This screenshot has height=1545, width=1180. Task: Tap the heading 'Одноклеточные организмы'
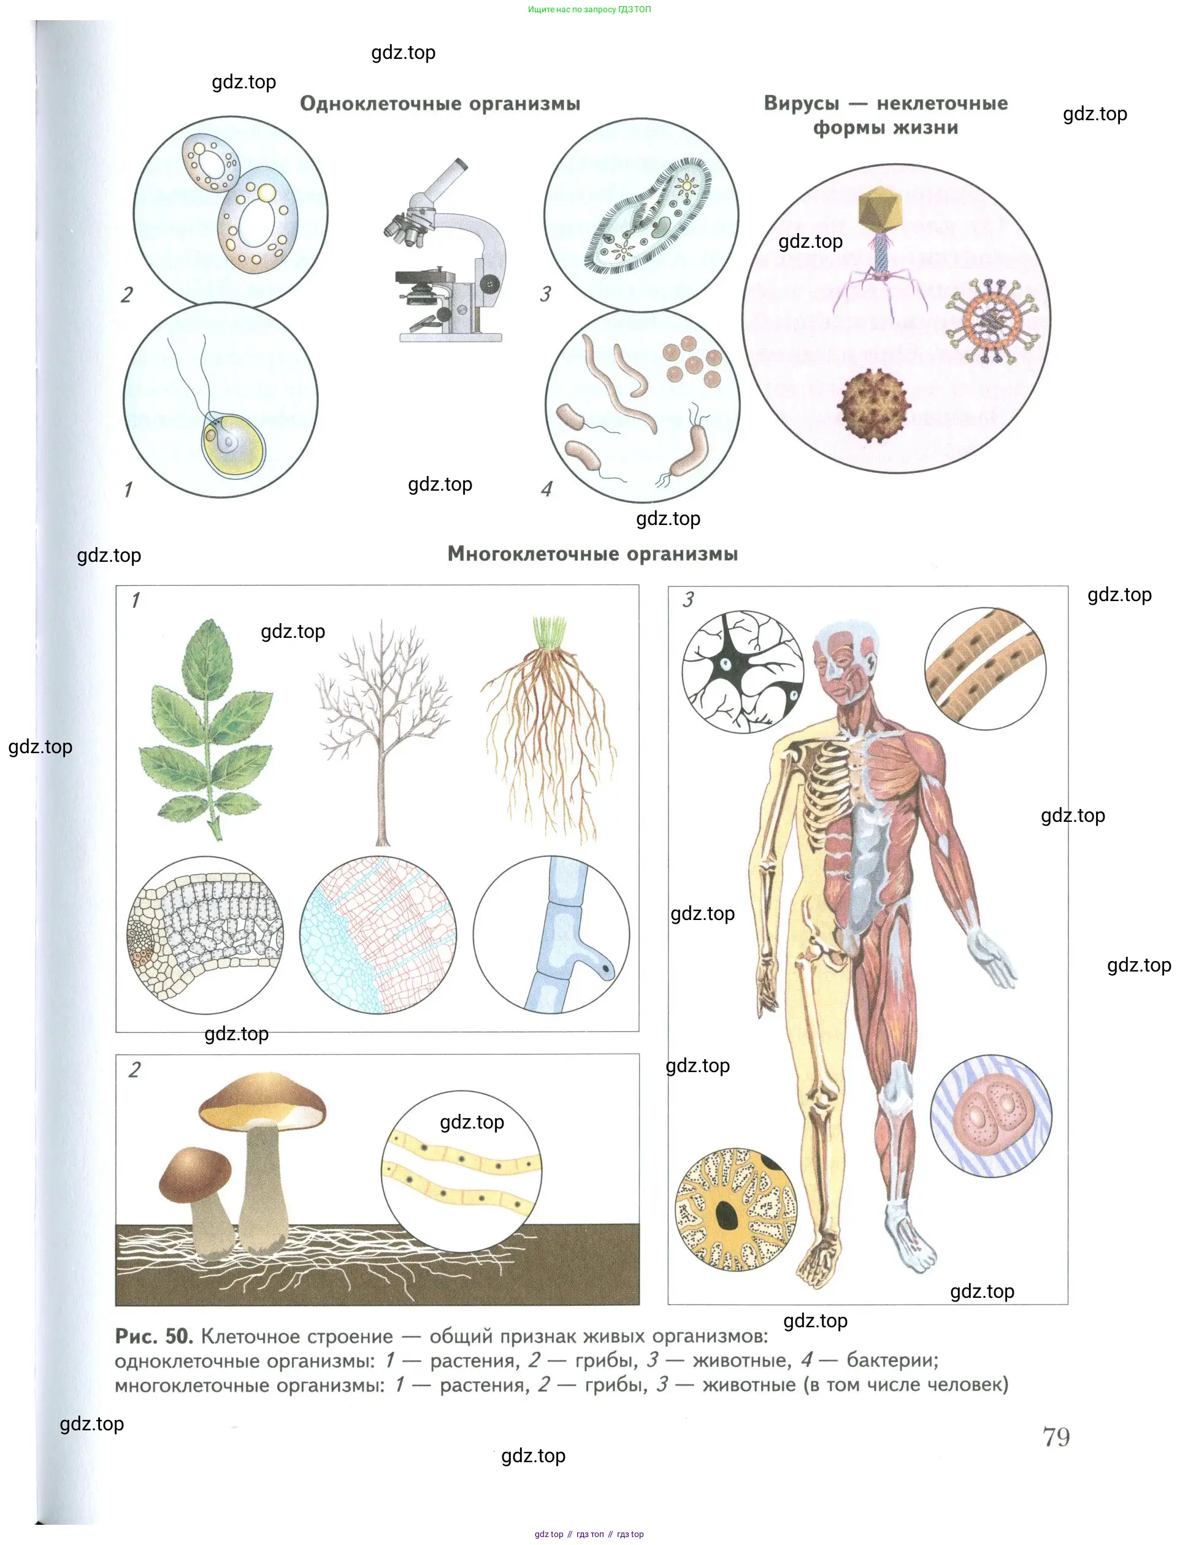coord(440,104)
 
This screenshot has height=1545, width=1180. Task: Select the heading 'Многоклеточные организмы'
coord(593,554)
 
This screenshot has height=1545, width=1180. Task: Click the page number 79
coord(1056,1438)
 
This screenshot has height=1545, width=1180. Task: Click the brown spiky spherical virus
coord(875,406)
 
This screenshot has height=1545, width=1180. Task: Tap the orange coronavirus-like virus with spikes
coord(991,320)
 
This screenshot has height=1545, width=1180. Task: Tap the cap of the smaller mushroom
coord(194,1174)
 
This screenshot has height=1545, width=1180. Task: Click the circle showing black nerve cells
coord(743,672)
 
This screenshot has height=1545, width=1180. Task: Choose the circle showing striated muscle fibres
coord(985,669)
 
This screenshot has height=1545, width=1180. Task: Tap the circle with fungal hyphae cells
coord(461,1171)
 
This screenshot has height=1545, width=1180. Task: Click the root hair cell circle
coord(551,935)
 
